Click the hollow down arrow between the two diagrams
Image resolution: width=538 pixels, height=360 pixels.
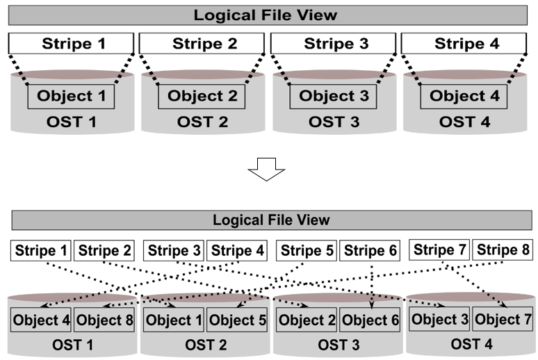[x=267, y=168]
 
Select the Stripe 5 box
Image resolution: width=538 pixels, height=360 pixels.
[x=307, y=251]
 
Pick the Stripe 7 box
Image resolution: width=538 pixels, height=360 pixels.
[x=440, y=250]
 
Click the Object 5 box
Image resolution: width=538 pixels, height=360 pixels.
[x=236, y=320]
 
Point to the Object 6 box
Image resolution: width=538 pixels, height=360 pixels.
[x=370, y=320]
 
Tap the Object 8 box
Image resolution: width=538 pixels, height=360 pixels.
[x=104, y=320]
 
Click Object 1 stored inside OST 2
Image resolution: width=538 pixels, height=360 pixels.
[x=174, y=320]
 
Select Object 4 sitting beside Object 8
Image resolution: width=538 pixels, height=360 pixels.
[x=41, y=320]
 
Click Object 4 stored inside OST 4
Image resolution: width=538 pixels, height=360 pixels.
[x=465, y=97]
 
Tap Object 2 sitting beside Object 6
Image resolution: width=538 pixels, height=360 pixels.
[x=307, y=320]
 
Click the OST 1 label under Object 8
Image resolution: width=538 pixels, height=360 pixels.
[x=72, y=345]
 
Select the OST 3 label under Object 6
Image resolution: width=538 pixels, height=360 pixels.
[x=339, y=345]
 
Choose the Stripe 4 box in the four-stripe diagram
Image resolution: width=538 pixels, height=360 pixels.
[x=466, y=44]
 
